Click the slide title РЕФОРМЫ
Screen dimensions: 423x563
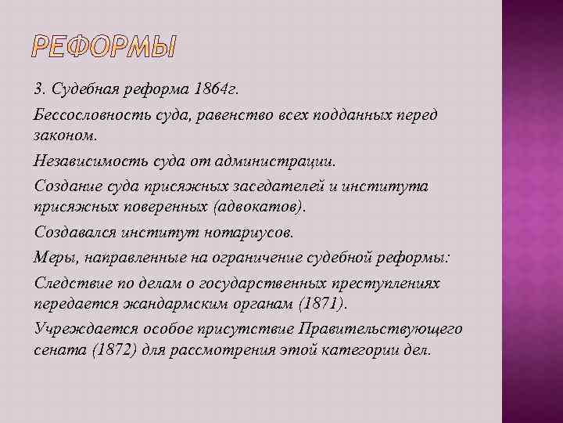tap(106, 49)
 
